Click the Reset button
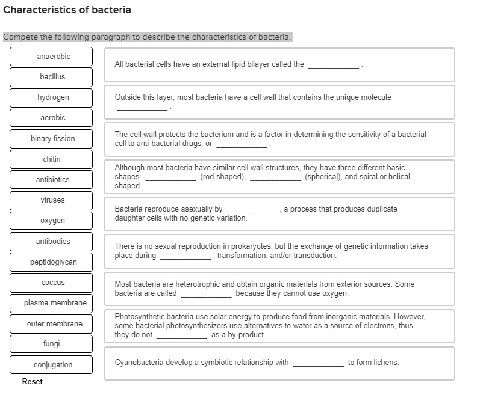point(32,382)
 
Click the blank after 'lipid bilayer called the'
point(334,66)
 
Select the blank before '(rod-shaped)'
point(170,178)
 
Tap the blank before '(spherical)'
point(275,178)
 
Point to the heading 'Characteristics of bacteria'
point(67,10)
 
